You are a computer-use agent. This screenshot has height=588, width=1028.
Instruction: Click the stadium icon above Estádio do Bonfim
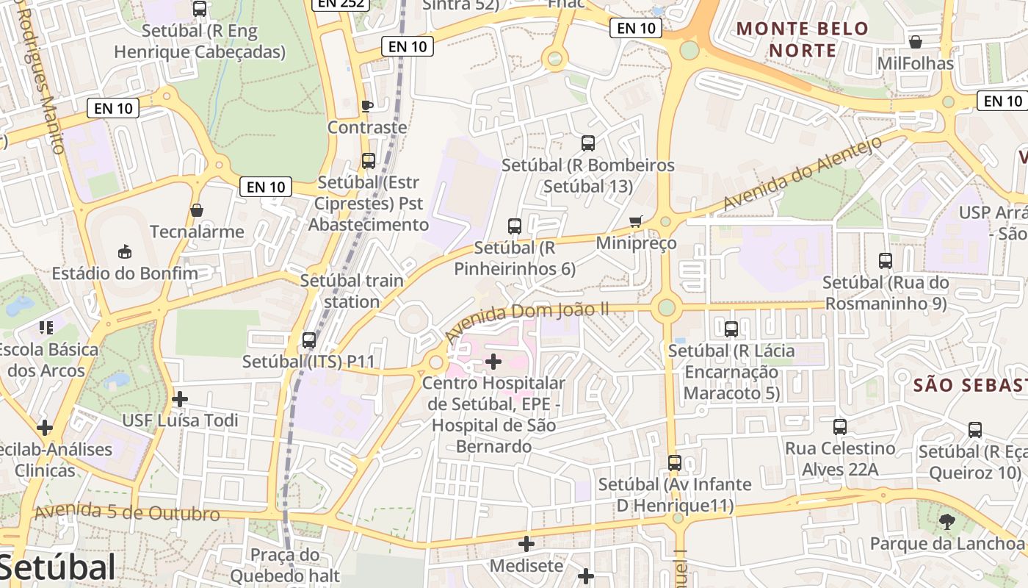(x=124, y=252)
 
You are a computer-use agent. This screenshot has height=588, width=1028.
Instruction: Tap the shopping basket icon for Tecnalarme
(x=197, y=210)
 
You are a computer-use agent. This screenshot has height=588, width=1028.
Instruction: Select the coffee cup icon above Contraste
(x=367, y=106)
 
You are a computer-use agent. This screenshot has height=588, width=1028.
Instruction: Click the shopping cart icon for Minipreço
(x=636, y=221)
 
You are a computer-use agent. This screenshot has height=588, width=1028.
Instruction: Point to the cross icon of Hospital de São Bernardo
(x=493, y=361)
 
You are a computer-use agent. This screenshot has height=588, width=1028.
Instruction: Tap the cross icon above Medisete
(x=526, y=544)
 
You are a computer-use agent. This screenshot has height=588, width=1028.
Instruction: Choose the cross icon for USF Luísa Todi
(x=180, y=399)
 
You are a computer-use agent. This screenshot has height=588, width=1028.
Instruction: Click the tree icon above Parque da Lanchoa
(x=947, y=522)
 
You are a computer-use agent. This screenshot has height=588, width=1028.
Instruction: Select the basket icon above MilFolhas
(x=916, y=42)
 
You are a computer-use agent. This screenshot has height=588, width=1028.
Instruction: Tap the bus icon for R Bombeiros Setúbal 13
(x=588, y=143)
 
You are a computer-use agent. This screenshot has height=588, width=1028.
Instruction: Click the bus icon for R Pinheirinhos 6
(x=515, y=226)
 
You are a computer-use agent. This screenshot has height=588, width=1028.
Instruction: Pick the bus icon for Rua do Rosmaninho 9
(x=886, y=261)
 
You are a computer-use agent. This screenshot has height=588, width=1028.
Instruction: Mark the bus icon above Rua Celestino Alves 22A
(x=840, y=427)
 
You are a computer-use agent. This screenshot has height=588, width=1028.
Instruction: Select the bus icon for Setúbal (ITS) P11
(x=309, y=340)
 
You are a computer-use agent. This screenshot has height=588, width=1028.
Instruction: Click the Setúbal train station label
(x=352, y=291)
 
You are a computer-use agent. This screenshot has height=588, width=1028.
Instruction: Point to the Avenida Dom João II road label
(x=526, y=320)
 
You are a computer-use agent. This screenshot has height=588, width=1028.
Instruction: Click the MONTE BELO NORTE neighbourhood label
(x=803, y=40)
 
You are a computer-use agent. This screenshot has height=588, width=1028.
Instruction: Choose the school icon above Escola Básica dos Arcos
(x=47, y=328)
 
